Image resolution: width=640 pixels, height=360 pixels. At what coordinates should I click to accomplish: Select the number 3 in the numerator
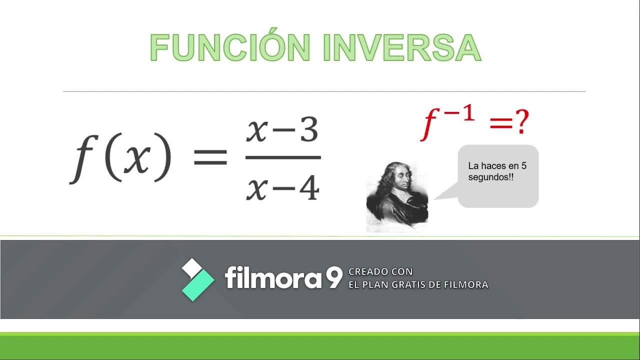[307, 131]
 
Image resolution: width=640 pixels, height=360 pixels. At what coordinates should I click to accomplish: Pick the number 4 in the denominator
[308, 188]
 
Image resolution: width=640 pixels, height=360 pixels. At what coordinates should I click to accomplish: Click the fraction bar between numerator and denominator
[283, 158]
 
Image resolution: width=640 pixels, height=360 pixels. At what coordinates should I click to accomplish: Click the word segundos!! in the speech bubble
[490, 177]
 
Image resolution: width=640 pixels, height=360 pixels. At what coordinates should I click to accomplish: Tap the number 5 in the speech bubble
[523, 165]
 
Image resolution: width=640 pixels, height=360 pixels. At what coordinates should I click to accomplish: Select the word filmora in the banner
[273, 277]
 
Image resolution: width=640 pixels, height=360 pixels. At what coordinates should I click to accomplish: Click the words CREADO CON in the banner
[380, 271]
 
